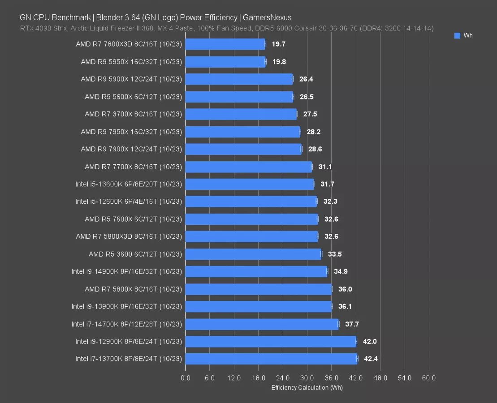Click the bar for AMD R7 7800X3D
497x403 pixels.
pyautogui.click(x=225, y=44)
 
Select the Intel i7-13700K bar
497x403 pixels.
pyautogui.click(x=271, y=359)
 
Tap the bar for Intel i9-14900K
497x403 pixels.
pyautogui.click(x=256, y=271)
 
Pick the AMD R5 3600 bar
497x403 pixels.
pyautogui.click(x=253, y=254)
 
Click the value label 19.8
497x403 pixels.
pyautogui.click(x=279, y=61)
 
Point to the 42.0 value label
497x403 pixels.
pyautogui.click(x=370, y=341)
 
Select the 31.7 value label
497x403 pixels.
pyautogui.click(x=327, y=184)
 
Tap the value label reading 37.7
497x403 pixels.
pyautogui.click(x=352, y=324)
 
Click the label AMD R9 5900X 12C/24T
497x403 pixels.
pyautogui.click(x=131, y=79)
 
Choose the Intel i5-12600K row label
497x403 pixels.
pyautogui.click(x=129, y=201)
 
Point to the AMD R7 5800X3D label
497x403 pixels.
pyautogui.click(x=129, y=236)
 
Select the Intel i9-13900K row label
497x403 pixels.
pyautogui.click(x=126, y=306)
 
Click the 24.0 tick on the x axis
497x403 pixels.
pyautogui.click(x=282, y=378)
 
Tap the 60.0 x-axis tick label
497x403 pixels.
pyautogui.click(x=428, y=378)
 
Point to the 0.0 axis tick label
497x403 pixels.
pyautogui.click(x=185, y=378)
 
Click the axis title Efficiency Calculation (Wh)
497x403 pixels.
pyautogui.click(x=307, y=387)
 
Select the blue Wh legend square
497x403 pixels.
pyautogui.click(x=457, y=36)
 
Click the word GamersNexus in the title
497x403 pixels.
pyautogui.click(x=267, y=17)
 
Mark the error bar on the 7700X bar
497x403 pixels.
pyautogui.click(x=312, y=167)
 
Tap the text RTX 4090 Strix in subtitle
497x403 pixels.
pyautogui.click(x=40, y=28)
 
